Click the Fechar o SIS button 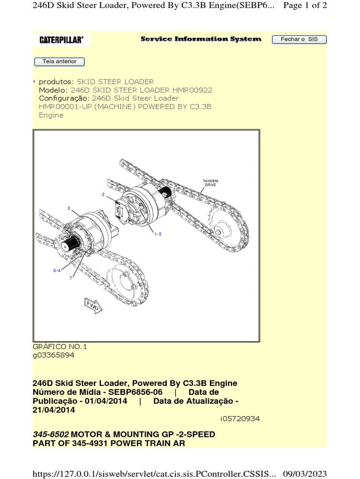click(299, 39)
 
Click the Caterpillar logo click(61, 40)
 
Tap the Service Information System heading click(201, 39)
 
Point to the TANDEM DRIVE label click(210, 183)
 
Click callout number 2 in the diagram click(103, 194)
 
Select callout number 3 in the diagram click(69, 208)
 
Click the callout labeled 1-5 click(158, 234)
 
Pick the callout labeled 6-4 click(57, 270)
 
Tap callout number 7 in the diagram click(71, 278)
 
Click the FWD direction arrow click(93, 305)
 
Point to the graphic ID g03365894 click(53, 355)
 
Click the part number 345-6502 click(51, 434)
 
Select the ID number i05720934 click(240, 419)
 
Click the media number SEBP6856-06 click(135, 392)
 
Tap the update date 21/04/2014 click(54, 410)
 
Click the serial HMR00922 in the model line click(192, 90)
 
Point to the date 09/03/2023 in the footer click(305, 474)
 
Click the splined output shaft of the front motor click(70, 245)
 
